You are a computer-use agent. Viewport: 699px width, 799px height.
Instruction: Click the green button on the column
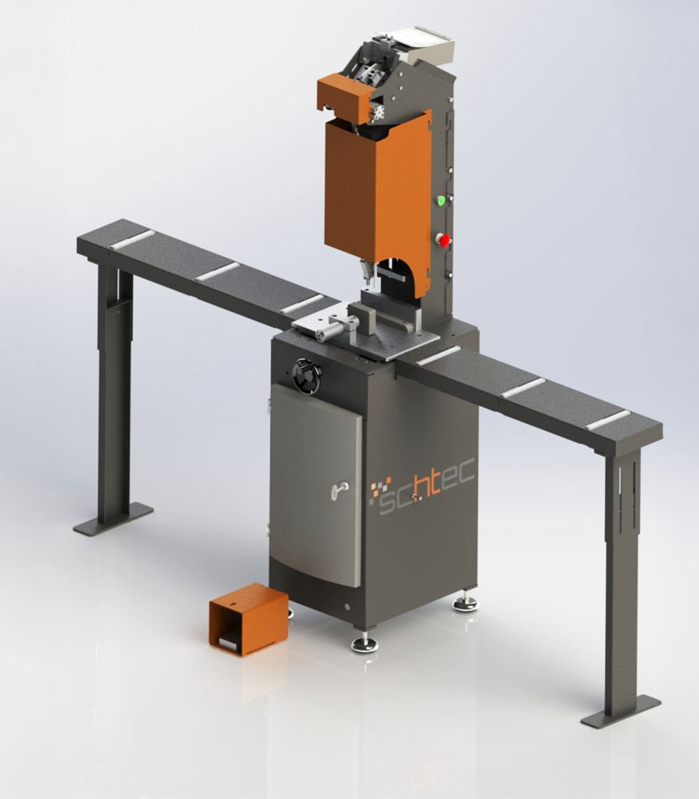(441, 201)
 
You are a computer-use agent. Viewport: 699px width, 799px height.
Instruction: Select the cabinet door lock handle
(340, 488)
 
